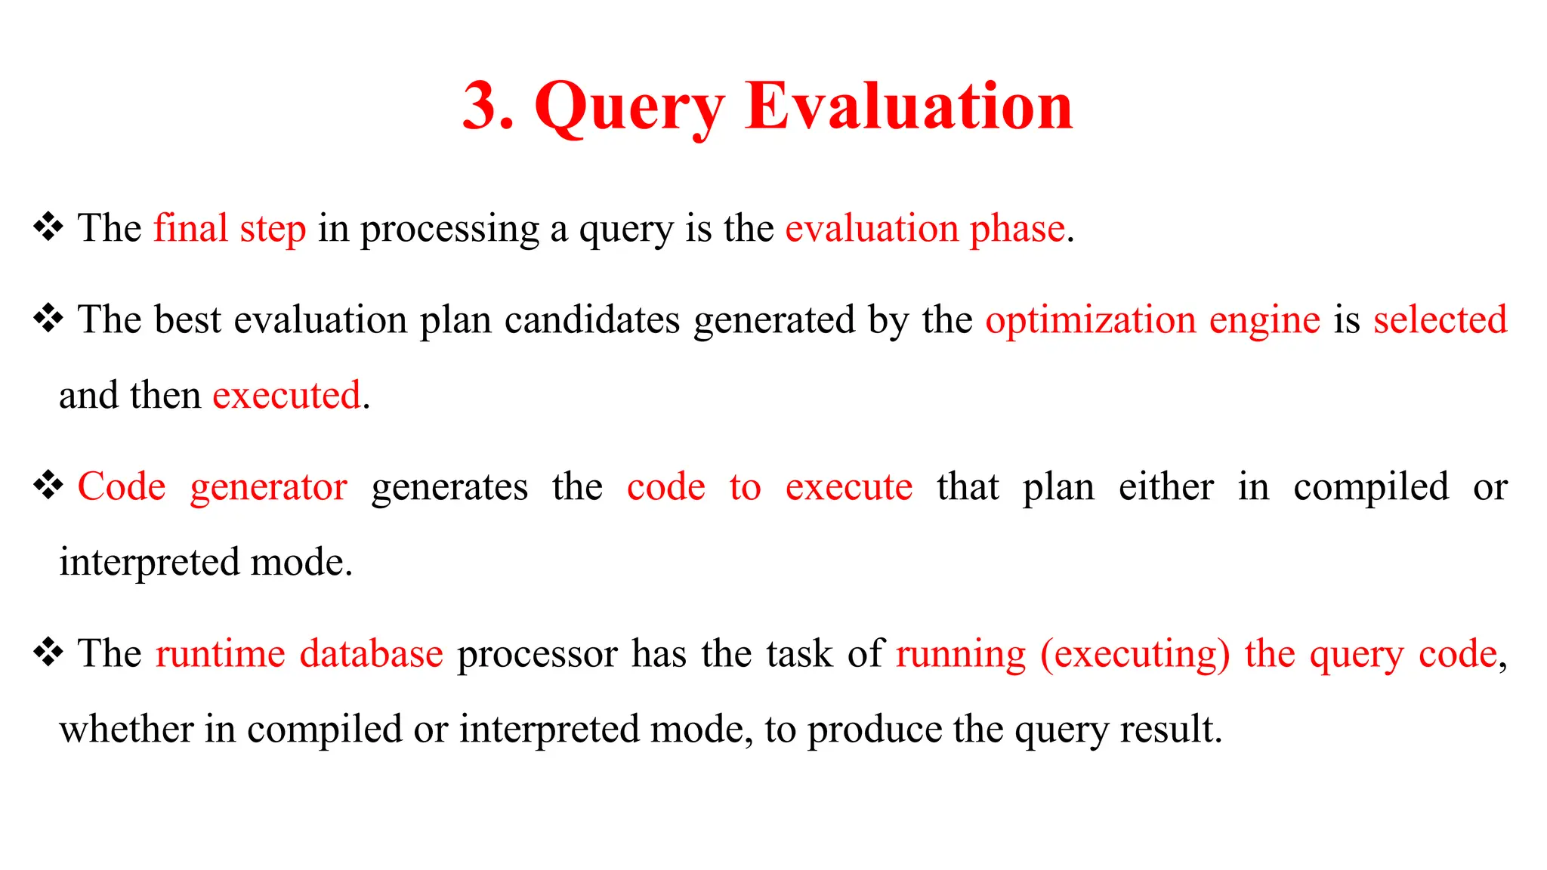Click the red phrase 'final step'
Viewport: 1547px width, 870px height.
pos(230,229)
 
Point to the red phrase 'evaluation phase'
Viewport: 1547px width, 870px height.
pos(925,229)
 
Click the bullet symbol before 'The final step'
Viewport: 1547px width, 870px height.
pos(48,227)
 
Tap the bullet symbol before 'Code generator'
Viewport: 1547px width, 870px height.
pos(48,486)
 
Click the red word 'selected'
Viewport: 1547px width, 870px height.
pos(1440,320)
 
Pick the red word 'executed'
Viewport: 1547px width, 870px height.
pos(286,396)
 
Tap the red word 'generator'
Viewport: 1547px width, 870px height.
pos(268,488)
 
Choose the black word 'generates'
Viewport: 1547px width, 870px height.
pos(449,488)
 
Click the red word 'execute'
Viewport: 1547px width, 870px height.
pos(848,487)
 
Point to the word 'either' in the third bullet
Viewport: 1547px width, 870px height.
pos(1166,487)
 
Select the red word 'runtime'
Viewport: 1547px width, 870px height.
pos(221,654)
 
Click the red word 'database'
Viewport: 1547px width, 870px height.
pos(371,654)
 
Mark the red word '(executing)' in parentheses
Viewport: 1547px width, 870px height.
pos(1135,655)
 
